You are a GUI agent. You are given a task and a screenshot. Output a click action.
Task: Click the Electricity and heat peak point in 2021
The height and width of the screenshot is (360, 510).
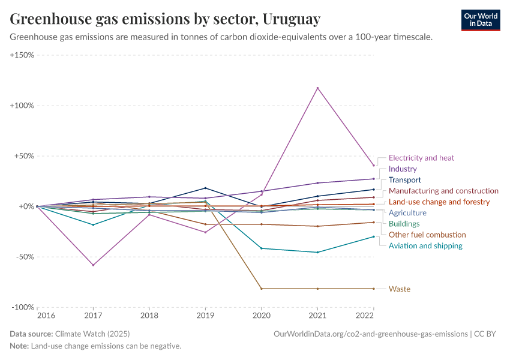pos(317,88)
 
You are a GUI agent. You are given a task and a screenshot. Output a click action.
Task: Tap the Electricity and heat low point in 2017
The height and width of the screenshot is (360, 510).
pos(93,265)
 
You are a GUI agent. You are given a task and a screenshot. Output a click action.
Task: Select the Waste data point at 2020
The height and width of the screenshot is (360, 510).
pos(261,289)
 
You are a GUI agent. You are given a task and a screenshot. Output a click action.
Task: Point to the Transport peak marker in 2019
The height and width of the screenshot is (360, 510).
pos(205,188)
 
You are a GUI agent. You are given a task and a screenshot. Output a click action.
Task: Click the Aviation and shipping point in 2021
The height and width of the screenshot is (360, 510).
pos(317,252)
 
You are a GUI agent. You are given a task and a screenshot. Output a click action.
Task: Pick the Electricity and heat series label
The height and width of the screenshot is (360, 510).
pos(421,158)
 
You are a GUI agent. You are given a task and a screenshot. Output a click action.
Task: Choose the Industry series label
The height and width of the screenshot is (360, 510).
pos(402,169)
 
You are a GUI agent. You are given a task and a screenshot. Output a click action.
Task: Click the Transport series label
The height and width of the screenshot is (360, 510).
pos(404,180)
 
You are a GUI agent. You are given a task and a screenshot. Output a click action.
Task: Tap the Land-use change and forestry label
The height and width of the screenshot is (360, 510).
pos(439,202)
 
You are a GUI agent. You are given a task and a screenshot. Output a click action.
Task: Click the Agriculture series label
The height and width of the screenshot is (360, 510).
pos(407,213)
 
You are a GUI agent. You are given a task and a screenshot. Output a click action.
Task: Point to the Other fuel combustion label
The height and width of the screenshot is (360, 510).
pos(427,235)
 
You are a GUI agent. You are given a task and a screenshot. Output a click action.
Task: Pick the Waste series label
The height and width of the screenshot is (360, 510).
pos(399,289)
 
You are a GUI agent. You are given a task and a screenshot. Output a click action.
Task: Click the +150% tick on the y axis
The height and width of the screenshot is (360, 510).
pos(22,55)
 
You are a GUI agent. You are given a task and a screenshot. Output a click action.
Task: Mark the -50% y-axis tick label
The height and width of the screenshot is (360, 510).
pos(23,257)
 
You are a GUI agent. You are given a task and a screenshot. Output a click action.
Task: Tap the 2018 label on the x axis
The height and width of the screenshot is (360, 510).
pos(149,316)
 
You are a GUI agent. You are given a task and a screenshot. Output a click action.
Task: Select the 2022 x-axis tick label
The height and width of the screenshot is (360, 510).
pos(373,316)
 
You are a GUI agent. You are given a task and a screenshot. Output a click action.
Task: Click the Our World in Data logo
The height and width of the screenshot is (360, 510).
pos(481,20)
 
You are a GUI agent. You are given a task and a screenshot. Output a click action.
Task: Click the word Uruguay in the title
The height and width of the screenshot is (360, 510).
pos(290,19)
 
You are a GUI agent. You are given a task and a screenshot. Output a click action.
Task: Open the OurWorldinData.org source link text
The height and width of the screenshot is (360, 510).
pos(370,334)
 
